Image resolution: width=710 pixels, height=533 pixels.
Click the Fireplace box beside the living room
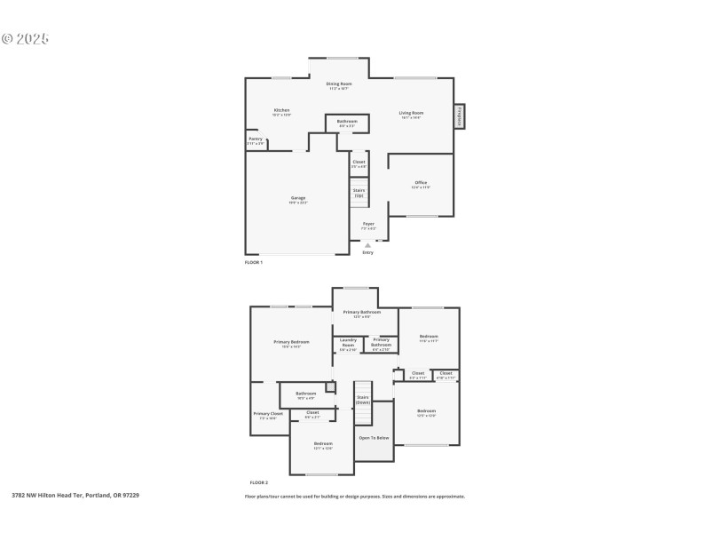[x=460, y=116]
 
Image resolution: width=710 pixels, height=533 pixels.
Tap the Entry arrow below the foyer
[x=367, y=246]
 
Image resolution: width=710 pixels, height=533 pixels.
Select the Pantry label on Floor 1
[x=255, y=139]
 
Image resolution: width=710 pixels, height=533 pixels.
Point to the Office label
[x=421, y=183]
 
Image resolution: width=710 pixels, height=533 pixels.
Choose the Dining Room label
[x=339, y=84]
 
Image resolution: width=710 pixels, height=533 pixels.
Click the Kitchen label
[x=281, y=111]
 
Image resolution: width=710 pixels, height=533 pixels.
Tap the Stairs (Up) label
[x=359, y=192]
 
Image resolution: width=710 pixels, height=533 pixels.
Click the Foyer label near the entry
[x=368, y=225]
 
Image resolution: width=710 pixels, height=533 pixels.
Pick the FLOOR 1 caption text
[x=254, y=263]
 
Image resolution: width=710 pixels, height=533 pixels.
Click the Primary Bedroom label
[x=291, y=343]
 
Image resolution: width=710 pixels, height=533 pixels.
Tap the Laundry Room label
[x=348, y=343]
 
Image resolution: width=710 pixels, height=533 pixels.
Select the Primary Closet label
[x=268, y=414]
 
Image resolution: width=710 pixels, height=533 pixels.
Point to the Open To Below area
[x=374, y=438]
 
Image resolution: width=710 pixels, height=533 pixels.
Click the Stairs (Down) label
[x=363, y=400]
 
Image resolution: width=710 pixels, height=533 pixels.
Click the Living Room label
[x=411, y=114]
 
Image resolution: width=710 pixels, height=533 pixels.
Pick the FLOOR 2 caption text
[x=258, y=482]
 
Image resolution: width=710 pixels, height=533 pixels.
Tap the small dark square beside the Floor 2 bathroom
[x=330, y=387]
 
